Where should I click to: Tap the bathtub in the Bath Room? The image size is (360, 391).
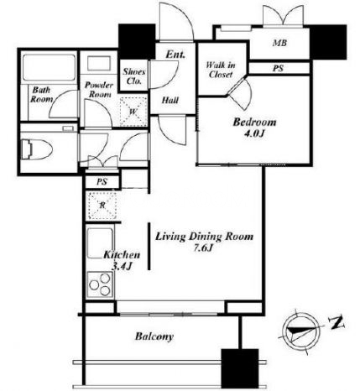(50, 67)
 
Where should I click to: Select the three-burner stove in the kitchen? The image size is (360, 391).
(100, 284)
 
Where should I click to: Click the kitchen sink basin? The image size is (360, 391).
(100, 243)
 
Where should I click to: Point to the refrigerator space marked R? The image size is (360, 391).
(102, 206)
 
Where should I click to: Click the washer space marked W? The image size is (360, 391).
(133, 112)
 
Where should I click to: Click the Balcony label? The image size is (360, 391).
(154, 336)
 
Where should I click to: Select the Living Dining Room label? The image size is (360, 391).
(204, 237)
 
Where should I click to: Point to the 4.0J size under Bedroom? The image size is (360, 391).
(254, 133)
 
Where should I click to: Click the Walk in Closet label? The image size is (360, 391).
(221, 70)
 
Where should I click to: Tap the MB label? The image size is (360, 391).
(279, 43)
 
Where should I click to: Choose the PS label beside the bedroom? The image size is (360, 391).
(279, 68)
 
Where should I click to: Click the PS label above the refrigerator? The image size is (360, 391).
(102, 182)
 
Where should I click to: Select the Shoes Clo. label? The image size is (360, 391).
(134, 76)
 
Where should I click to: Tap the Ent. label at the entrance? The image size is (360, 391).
(175, 55)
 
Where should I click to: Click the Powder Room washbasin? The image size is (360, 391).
(99, 63)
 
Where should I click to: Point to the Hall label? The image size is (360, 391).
(170, 100)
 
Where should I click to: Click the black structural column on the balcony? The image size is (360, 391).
(240, 368)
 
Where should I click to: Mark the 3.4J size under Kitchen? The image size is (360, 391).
(122, 266)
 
